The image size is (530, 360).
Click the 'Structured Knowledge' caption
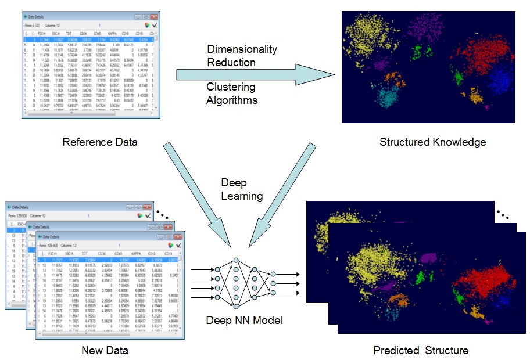(432, 142)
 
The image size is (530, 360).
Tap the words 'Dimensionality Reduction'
(242, 56)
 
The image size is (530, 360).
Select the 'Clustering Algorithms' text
(231, 93)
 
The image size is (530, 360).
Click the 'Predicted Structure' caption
(421, 350)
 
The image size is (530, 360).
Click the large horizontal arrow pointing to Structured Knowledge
(256, 74)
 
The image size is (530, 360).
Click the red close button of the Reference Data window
(154, 17)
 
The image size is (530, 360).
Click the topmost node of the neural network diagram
(236, 261)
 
